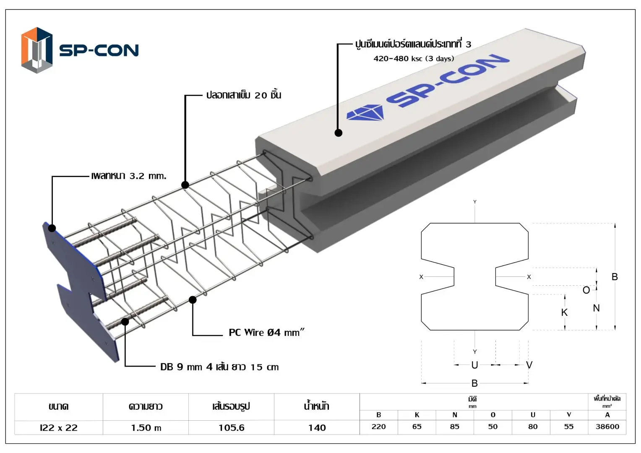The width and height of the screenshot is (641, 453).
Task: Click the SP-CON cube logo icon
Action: (x=37, y=50)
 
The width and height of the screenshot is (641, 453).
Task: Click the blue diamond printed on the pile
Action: (x=365, y=113)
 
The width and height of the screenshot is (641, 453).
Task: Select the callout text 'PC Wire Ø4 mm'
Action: (x=266, y=333)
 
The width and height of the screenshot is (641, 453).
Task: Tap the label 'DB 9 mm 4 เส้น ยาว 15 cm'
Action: (x=219, y=367)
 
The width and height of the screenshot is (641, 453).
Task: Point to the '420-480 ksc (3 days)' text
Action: (x=414, y=59)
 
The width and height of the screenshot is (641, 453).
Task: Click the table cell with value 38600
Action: (x=607, y=427)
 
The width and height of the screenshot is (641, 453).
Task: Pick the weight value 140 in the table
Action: (x=317, y=428)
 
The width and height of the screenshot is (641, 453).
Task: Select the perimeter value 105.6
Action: (x=231, y=428)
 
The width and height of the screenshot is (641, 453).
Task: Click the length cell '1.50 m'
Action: (x=146, y=428)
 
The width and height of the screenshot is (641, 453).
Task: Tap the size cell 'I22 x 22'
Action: (x=59, y=428)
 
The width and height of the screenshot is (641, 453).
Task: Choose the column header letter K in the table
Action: (x=417, y=415)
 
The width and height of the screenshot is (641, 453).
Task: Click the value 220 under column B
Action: (x=378, y=427)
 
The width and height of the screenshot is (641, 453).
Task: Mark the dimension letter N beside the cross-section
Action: (x=596, y=308)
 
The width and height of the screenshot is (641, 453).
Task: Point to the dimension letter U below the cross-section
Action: (x=474, y=365)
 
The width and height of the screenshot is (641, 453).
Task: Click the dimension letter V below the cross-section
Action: (x=529, y=365)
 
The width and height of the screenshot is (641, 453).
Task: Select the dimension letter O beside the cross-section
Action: (x=586, y=290)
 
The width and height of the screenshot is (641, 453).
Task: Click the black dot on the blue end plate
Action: (x=52, y=228)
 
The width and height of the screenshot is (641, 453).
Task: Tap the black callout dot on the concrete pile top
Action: (x=339, y=133)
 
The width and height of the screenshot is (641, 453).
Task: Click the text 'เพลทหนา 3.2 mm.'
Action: (x=129, y=176)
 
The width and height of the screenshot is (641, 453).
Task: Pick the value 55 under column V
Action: (x=568, y=427)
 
